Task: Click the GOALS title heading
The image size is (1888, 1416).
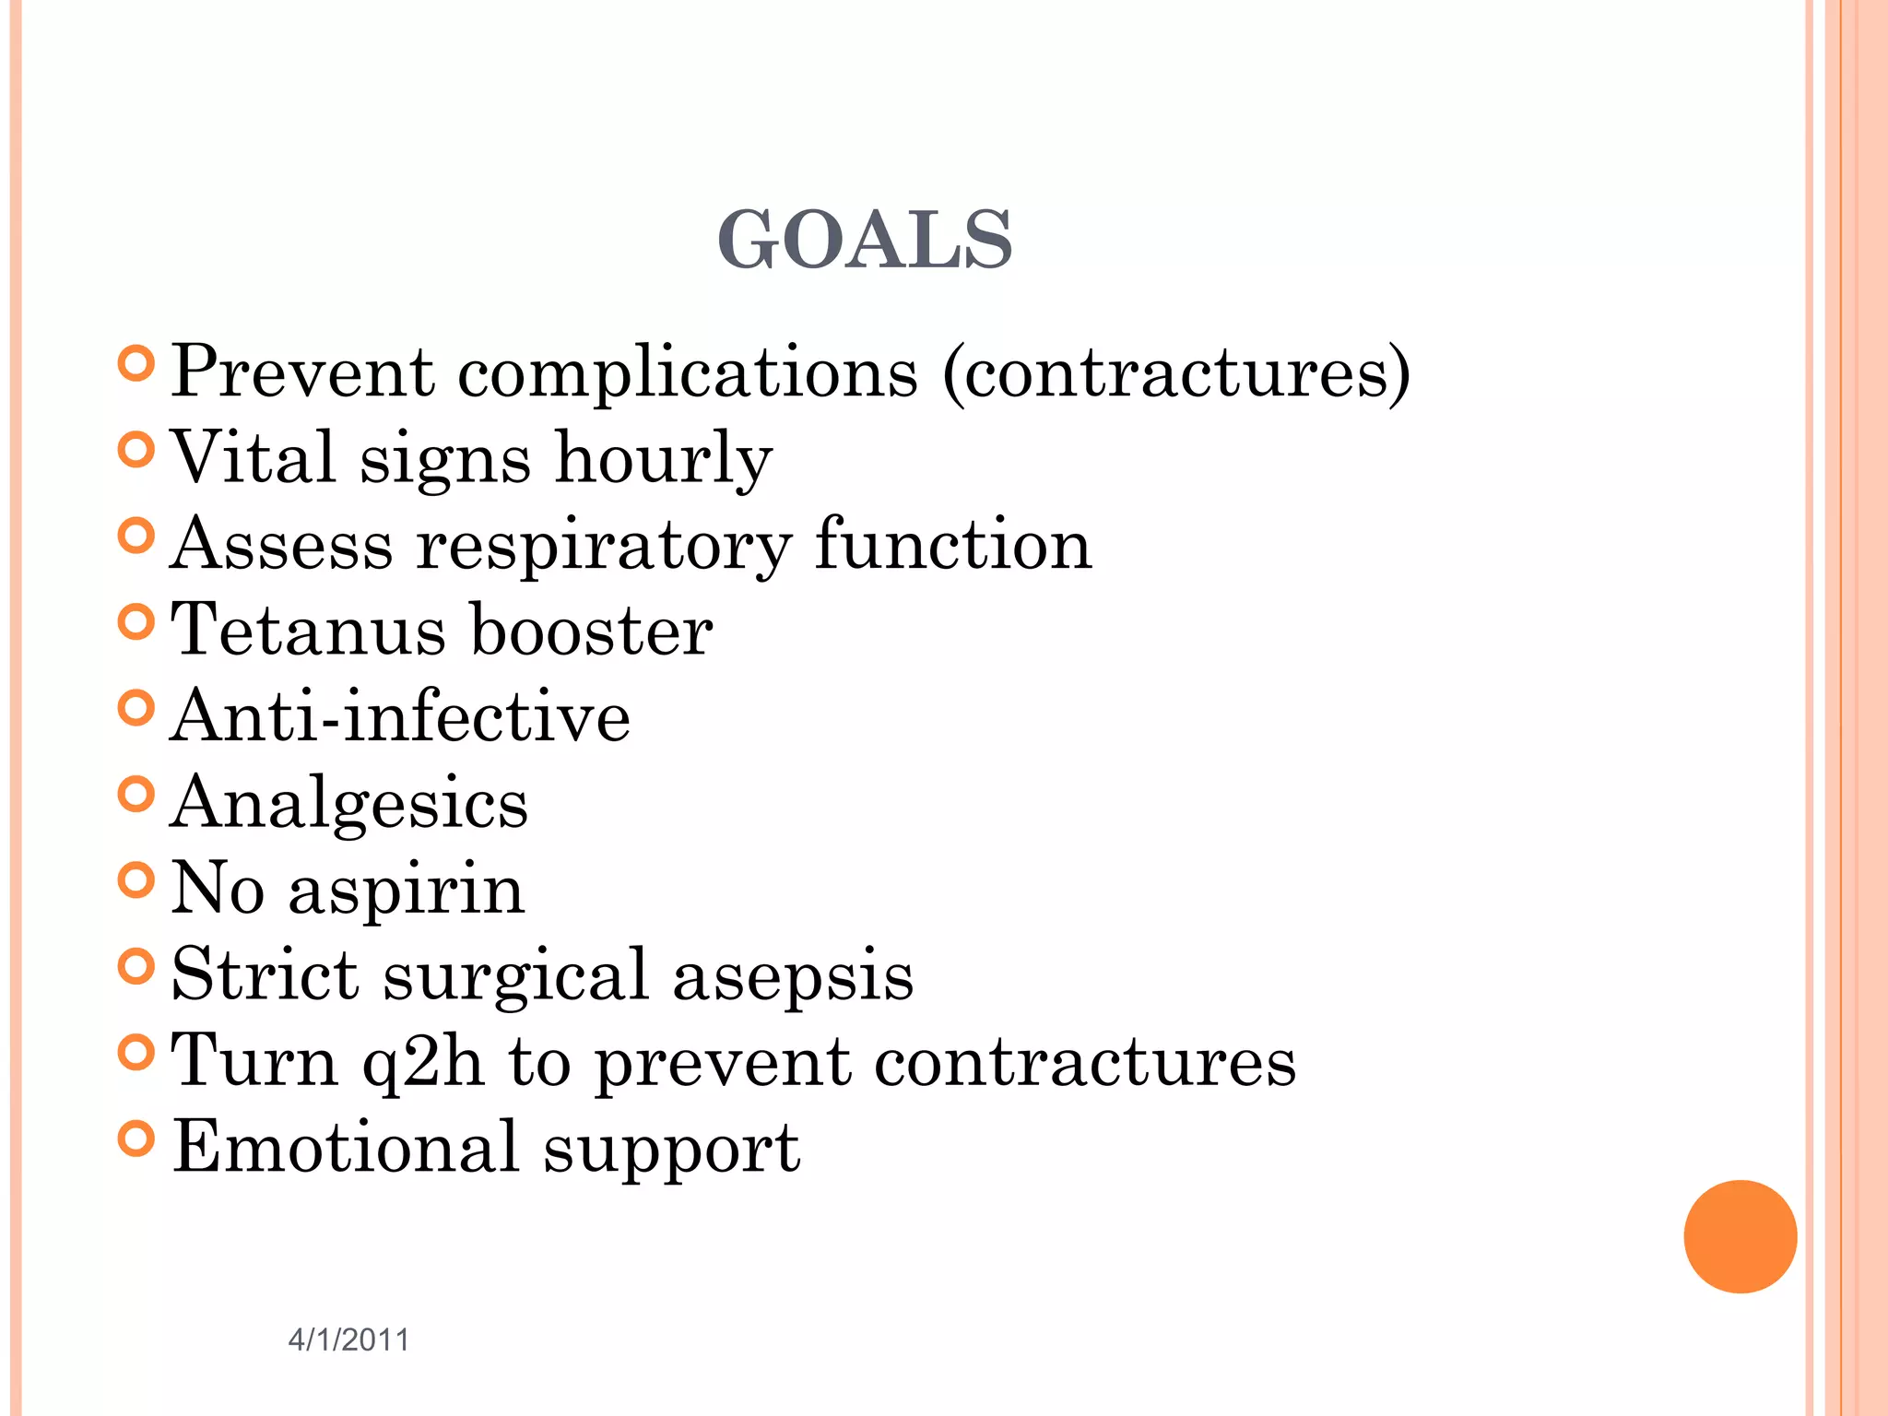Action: [x=865, y=240]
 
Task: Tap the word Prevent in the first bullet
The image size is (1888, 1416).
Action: [x=302, y=372]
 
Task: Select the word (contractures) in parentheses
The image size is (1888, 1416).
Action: [x=1175, y=373]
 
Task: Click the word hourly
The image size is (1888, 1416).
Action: [x=664, y=458]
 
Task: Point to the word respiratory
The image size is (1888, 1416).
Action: [x=604, y=546]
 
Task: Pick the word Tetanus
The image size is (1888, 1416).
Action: [x=309, y=631]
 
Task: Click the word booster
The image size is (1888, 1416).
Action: [x=591, y=631]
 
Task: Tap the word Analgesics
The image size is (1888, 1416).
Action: [x=349, y=804]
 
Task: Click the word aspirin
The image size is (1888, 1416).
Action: [x=407, y=891]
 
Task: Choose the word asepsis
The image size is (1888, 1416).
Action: [x=793, y=975]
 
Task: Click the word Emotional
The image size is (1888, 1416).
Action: [x=346, y=1148]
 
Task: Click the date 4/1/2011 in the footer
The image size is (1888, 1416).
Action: [x=348, y=1339]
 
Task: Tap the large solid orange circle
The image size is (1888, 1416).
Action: [x=1740, y=1236]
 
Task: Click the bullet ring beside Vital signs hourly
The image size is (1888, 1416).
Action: [x=136, y=450]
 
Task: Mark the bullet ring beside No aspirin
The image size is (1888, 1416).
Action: [x=136, y=880]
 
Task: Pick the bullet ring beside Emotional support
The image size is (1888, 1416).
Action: [x=136, y=1139]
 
